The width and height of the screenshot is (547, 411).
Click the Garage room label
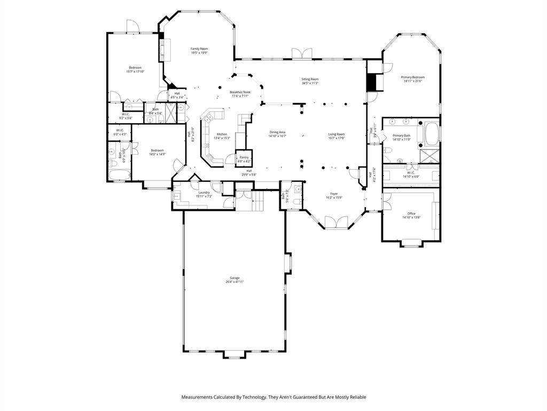(x=235, y=278)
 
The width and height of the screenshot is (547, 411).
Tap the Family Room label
(x=199, y=49)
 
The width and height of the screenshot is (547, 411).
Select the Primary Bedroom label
(x=413, y=77)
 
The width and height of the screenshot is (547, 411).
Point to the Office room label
(x=411, y=214)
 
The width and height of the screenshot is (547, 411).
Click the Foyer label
(x=334, y=194)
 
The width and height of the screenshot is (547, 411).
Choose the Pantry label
(x=244, y=157)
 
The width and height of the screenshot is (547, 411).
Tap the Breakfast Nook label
(x=240, y=92)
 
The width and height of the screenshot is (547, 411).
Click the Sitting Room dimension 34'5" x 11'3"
(x=310, y=83)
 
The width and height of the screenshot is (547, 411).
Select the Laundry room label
(x=204, y=193)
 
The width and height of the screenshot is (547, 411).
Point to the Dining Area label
(x=277, y=132)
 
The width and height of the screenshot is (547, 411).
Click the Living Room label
(x=337, y=134)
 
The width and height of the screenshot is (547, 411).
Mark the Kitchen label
(x=222, y=134)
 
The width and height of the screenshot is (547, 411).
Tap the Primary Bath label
(x=402, y=136)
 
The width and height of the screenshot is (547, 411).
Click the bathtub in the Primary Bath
(x=432, y=134)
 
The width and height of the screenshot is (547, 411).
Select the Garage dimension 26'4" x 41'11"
(x=235, y=282)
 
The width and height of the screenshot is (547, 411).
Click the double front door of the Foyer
(x=335, y=222)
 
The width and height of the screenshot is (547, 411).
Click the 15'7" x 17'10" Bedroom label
(x=135, y=67)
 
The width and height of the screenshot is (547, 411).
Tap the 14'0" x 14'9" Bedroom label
(x=157, y=150)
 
